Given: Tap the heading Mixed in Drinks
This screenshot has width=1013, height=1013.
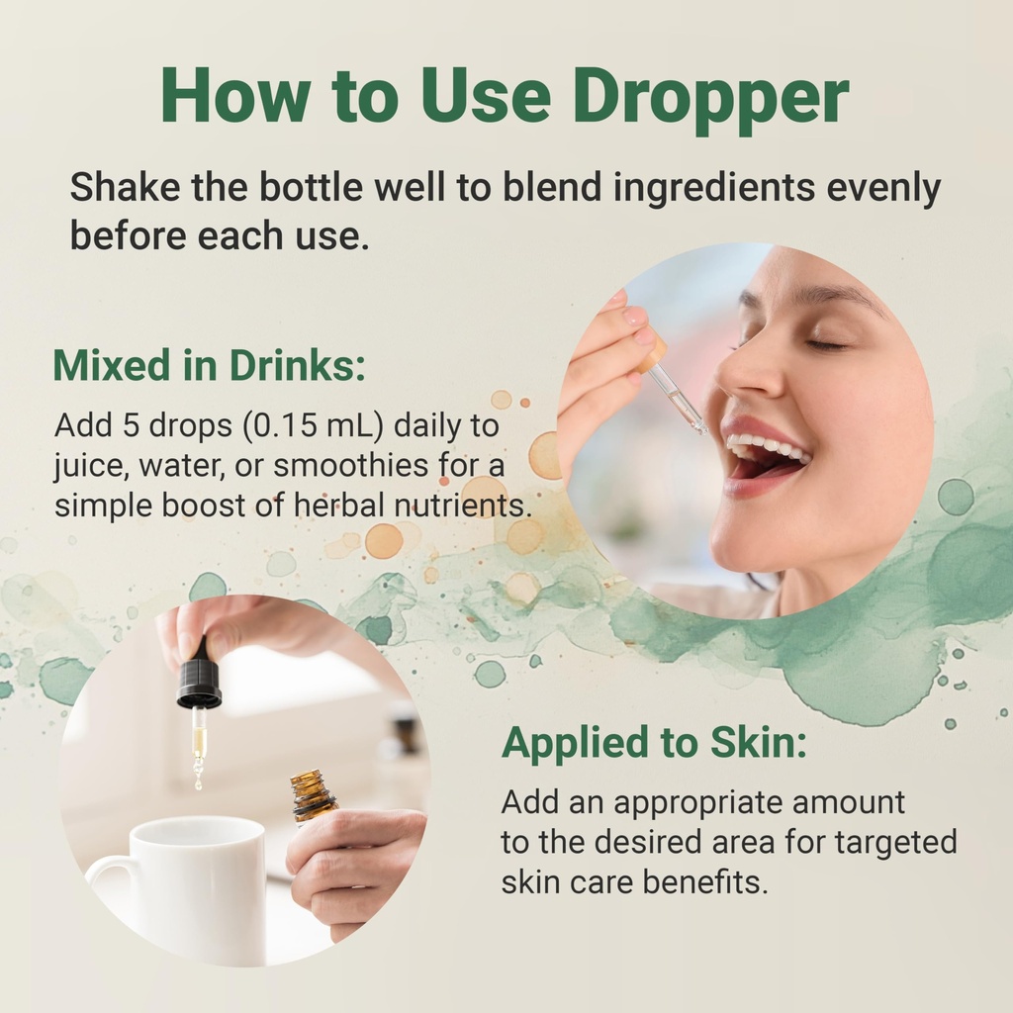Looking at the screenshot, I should (209, 365).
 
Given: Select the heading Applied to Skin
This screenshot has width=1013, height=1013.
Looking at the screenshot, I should (654, 743).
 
